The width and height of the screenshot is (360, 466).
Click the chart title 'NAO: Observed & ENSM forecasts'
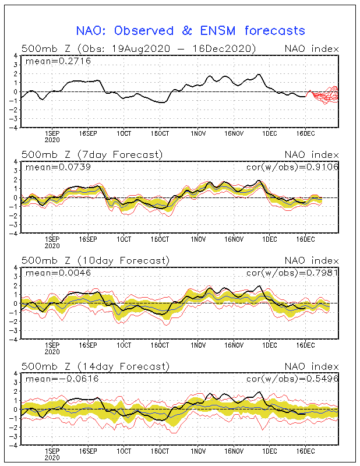[190, 31]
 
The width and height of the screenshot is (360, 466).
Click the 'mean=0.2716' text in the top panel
[58, 61]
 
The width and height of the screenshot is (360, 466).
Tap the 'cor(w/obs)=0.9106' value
[292, 167]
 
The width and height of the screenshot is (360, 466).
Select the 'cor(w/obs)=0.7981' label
[292, 273]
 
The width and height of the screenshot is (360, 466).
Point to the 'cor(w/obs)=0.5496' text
[292, 379]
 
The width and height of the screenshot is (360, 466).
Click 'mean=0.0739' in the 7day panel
[58, 167]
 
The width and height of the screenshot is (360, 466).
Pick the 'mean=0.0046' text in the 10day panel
[58, 273]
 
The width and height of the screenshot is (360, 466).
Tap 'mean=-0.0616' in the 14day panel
[62, 379]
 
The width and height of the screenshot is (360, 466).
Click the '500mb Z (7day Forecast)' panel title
[92, 155]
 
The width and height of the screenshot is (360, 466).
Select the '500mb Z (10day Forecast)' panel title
[96, 260]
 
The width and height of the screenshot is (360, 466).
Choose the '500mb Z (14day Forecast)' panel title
[96, 366]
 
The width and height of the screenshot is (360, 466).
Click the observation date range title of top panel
[139, 49]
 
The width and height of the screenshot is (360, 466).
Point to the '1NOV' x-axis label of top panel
[198, 134]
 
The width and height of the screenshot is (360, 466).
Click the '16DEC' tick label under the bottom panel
[305, 451]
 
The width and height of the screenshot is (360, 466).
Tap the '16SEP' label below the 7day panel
[88, 239]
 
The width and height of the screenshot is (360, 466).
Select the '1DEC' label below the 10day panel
[270, 345]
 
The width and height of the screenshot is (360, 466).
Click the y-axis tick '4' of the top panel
[16, 55]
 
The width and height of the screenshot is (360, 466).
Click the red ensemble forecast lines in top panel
[323, 95]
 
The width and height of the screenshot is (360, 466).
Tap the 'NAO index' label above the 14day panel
[312, 366]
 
